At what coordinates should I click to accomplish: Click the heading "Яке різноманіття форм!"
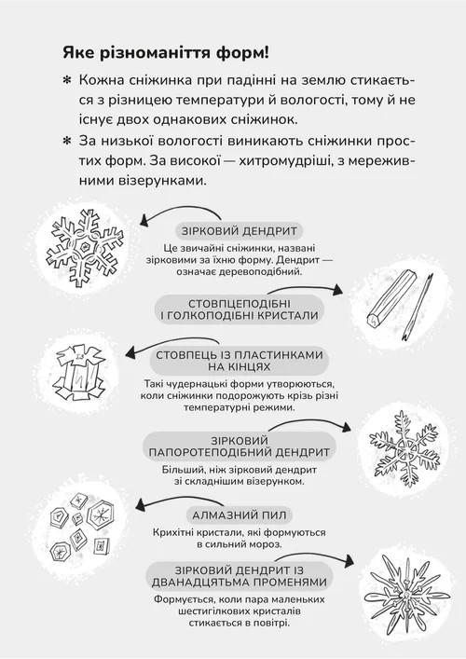click(166, 53)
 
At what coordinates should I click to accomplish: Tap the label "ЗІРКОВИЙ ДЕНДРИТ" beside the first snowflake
click(240, 231)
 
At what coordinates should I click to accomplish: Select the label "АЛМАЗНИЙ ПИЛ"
click(240, 515)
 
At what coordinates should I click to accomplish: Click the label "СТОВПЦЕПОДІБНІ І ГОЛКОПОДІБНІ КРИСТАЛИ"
click(240, 309)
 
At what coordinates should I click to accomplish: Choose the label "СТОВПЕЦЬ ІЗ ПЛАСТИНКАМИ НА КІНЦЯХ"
click(240, 361)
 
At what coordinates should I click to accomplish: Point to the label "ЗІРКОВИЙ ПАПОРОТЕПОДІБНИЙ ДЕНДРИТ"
click(240, 446)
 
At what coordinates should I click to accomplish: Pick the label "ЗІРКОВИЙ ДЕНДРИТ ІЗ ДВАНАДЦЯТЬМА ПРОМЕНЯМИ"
click(240, 576)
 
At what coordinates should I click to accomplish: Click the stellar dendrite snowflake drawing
click(85, 248)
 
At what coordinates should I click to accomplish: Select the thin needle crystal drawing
click(418, 307)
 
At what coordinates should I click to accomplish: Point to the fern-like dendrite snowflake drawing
click(404, 448)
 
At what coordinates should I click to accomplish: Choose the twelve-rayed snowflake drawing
click(406, 595)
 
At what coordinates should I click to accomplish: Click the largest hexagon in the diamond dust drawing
click(101, 514)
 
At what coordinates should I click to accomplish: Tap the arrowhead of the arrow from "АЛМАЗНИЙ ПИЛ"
click(141, 504)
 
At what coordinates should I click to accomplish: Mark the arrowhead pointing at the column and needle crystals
click(337, 290)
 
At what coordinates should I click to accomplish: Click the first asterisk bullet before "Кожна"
click(67, 81)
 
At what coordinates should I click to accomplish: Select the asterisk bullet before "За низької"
click(67, 142)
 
